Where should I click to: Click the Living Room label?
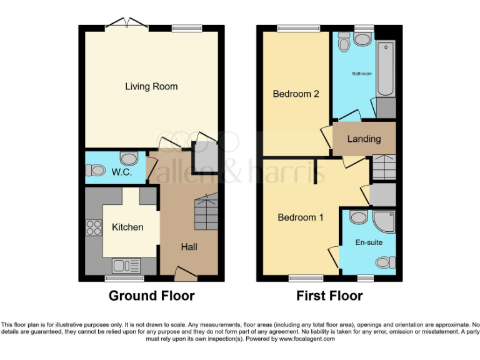point(151,86)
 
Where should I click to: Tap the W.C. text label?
point(122,172)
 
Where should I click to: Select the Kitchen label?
point(127,227)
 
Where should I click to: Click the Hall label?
point(189,247)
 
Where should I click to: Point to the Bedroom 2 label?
point(296,94)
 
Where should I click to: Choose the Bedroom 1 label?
point(301,217)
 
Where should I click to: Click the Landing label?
point(364,139)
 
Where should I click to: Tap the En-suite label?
point(369,242)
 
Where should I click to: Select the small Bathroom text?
point(362,74)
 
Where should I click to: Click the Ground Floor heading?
point(151,296)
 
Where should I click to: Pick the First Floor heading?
point(329,296)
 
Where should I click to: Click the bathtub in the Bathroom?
point(386,69)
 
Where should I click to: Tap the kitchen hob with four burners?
point(94,228)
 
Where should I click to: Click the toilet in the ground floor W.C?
point(96,170)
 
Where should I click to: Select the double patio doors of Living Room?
point(127,24)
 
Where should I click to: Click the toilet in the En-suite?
point(386,262)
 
